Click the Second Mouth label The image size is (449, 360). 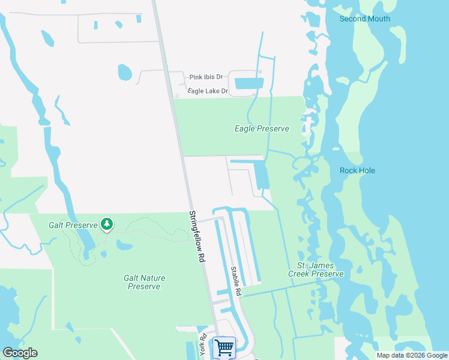[364, 19]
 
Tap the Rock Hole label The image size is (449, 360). [357, 170]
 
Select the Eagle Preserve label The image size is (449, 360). [261, 128]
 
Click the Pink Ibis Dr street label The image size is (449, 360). [206, 77]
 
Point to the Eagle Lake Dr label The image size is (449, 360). [208, 91]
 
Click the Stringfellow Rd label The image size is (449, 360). [197, 238]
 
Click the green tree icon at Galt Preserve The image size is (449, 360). [107, 224]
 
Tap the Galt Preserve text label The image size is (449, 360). [73, 225]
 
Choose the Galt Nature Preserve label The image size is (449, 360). [144, 282]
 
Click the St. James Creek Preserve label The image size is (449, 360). [316, 269]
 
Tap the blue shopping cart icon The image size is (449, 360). [224, 347]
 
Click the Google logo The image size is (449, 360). [20, 353]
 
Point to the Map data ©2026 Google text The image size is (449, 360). [412, 355]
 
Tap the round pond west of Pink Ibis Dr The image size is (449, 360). [125, 72]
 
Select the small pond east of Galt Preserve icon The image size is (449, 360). [124, 245]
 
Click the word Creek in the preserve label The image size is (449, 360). [301, 274]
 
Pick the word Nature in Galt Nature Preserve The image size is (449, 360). [153, 278]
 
